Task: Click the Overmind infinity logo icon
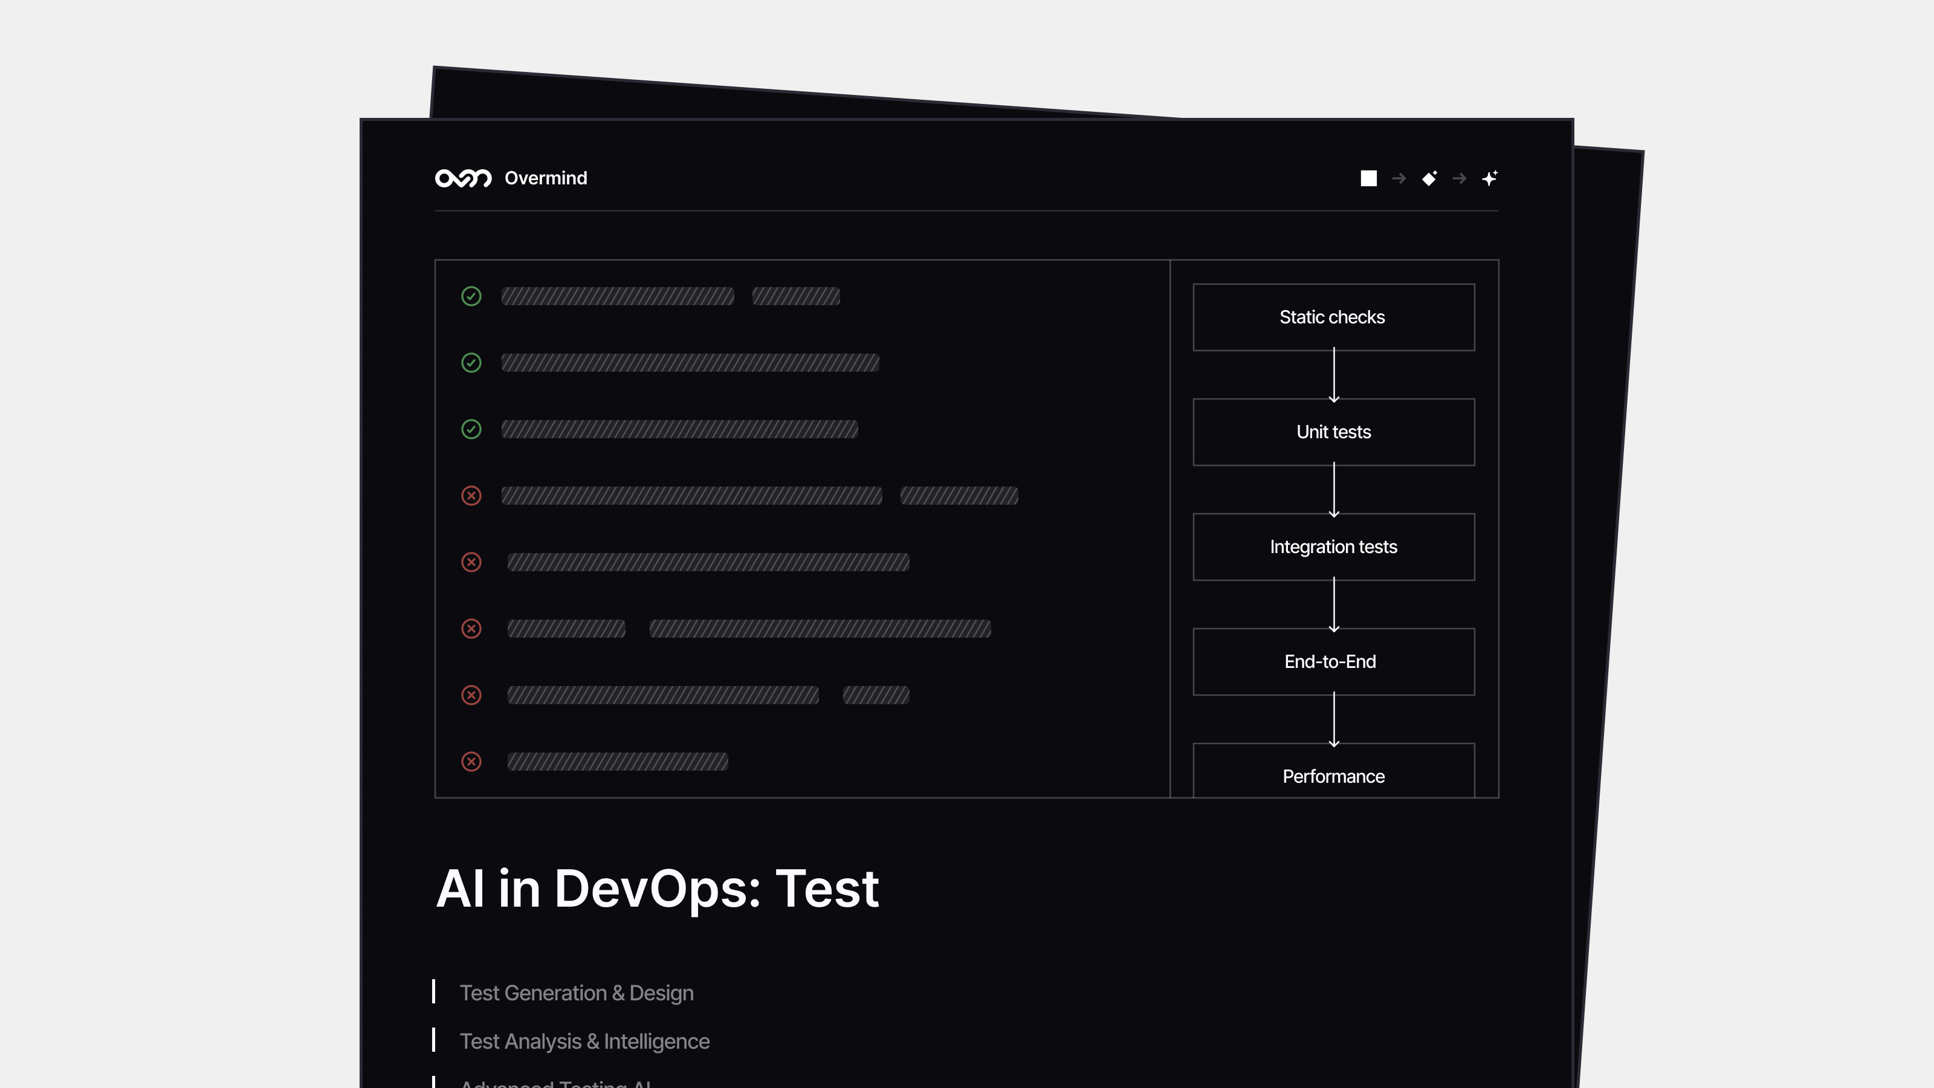(x=463, y=178)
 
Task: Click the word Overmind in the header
(x=546, y=178)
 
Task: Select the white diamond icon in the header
(x=1429, y=178)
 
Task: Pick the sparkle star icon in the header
(x=1490, y=178)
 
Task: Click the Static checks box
(x=1333, y=317)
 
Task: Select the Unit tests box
(x=1333, y=432)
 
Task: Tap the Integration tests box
(x=1333, y=546)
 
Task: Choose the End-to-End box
(x=1333, y=661)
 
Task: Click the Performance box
(x=1333, y=774)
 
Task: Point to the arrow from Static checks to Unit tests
(x=1334, y=375)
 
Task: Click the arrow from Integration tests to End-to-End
(x=1334, y=604)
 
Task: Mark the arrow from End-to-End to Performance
(x=1334, y=719)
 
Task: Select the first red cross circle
(x=471, y=496)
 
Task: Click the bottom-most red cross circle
(x=471, y=762)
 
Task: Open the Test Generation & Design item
(x=577, y=992)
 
